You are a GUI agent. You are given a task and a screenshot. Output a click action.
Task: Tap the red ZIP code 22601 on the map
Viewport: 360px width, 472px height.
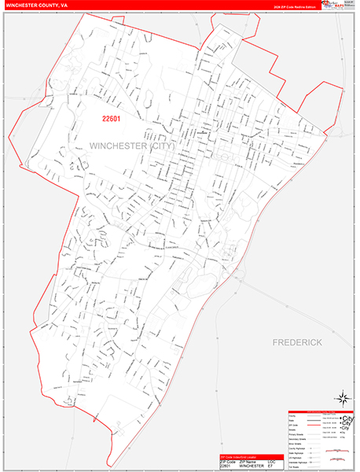(112, 119)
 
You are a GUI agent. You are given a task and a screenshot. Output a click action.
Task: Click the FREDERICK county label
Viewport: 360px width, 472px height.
(298, 343)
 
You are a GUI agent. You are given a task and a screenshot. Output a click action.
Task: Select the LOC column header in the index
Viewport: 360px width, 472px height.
(272, 461)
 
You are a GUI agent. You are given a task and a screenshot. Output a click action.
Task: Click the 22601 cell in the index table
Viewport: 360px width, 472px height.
(219, 466)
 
